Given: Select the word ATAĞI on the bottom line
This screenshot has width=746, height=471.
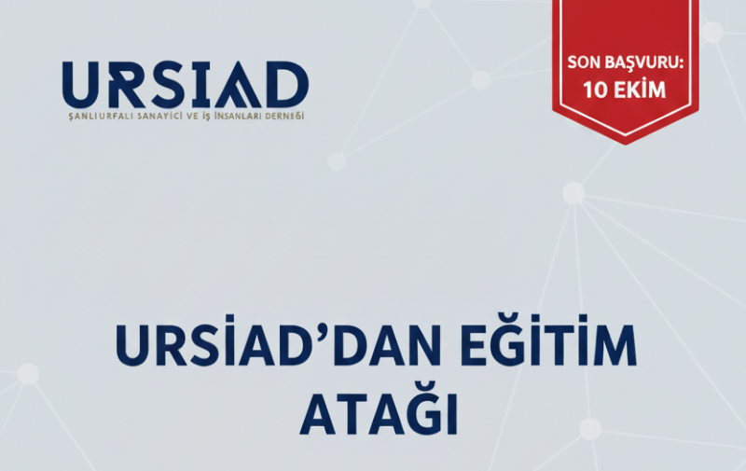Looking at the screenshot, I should tap(379, 416).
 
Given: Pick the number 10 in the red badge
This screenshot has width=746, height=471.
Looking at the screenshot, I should tap(595, 90).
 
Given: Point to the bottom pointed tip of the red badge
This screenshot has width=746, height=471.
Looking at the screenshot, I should tap(626, 142).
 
